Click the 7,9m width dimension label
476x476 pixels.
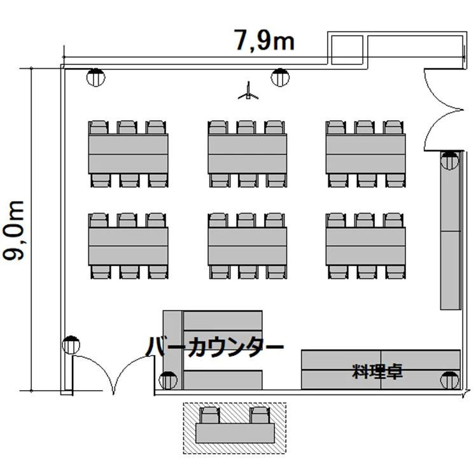point(264,40)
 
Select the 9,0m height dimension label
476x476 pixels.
point(13,230)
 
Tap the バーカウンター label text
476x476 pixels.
point(215,347)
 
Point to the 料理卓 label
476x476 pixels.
point(377,370)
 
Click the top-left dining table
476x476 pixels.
point(128,154)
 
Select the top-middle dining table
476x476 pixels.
point(248,154)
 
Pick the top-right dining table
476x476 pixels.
point(366,154)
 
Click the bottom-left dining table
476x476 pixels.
point(128,246)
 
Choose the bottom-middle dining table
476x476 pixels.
point(248,246)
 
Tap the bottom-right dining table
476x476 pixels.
point(366,246)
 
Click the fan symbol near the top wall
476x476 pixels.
point(248,91)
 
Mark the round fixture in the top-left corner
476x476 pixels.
point(95,78)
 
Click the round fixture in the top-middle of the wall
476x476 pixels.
point(280,78)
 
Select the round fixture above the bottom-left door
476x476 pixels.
point(71,345)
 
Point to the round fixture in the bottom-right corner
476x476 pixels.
point(449,380)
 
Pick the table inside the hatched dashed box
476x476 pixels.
point(235,433)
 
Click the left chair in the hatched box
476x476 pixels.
point(210,416)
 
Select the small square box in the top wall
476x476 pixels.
point(347,50)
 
